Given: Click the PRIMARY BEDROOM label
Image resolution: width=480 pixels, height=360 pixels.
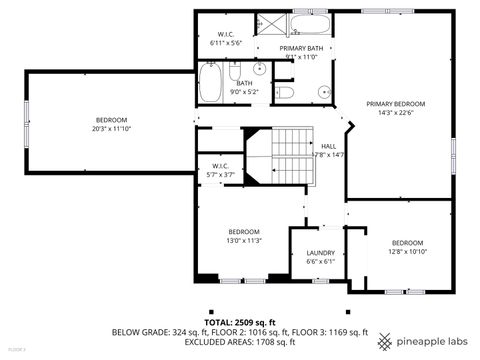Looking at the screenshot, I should pyautogui.click(x=395, y=104).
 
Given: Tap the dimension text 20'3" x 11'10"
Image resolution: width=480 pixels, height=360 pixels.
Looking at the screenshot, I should pyautogui.click(x=112, y=128).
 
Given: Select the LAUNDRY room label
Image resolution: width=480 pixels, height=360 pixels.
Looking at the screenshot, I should pyautogui.click(x=320, y=253).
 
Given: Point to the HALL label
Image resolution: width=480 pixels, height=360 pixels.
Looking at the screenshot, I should pyautogui.click(x=328, y=146).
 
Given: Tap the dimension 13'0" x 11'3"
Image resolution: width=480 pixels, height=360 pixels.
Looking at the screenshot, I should pyautogui.click(x=244, y=241).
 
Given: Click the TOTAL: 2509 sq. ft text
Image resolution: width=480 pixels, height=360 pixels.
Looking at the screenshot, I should pyautogui.click(x=239, y=322).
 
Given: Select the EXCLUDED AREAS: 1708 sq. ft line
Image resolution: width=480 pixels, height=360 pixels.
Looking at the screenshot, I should pyautogui.click(x=239, y=342).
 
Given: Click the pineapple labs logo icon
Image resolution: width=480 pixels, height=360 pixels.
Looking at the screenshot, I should pyautogui.click(x=386, y=342).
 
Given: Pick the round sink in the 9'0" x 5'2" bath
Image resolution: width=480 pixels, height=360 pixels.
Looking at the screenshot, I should pyautogui.click(x=259, y=69).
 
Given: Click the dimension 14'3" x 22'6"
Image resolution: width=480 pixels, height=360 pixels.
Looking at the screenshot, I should pyautogui.click(x=395, y=113).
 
